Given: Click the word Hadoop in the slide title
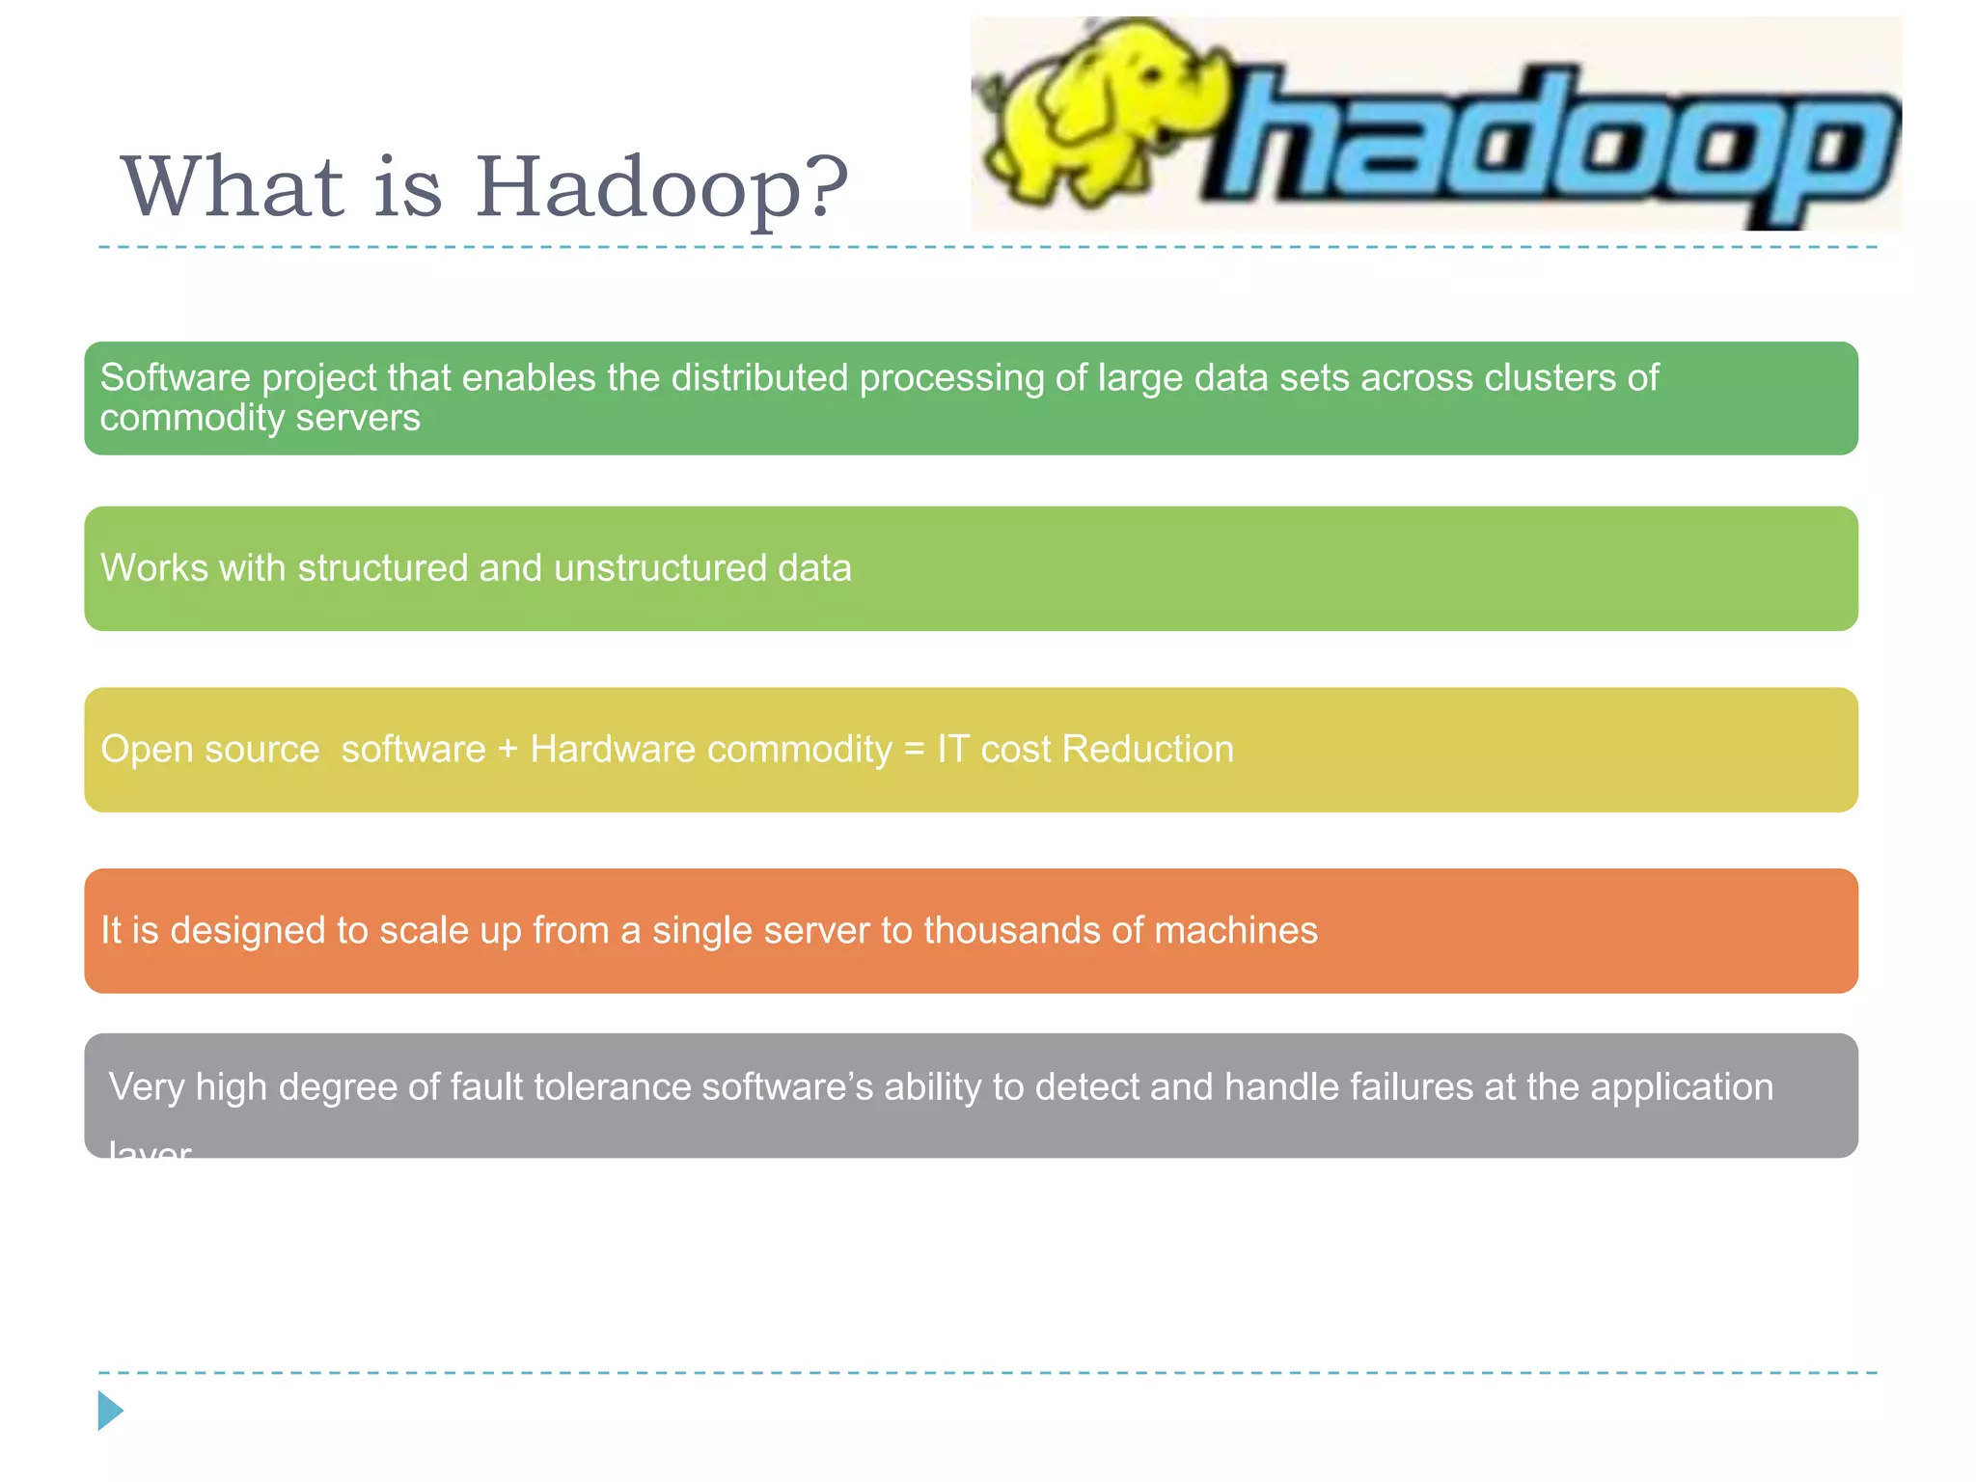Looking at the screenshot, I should pyautogui.click(x=638, y=187).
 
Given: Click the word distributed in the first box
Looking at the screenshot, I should pyautogui.click(x=759, y=377).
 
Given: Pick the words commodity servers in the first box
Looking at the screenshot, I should pyautogui.click(x=260, y=418).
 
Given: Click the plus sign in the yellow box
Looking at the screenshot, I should pyautogui.click(x=508, y=750).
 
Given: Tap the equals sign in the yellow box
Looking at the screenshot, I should pyautogui.click(x=915, y=750).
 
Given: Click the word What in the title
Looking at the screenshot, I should pyautogui.click(x=232, y=187).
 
